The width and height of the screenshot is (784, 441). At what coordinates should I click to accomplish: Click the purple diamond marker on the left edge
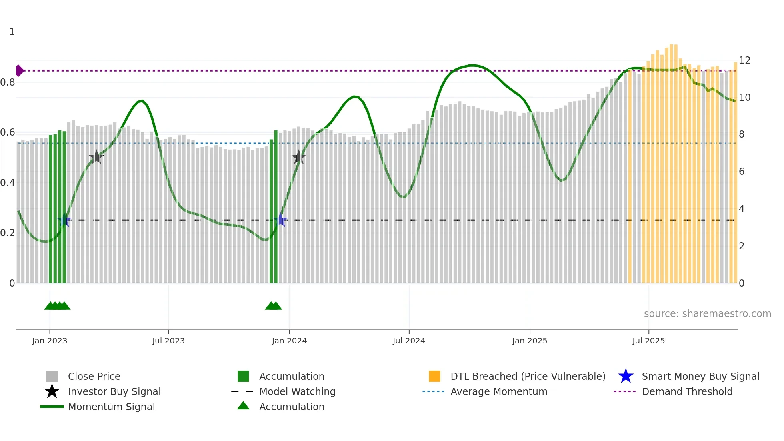point(19,70)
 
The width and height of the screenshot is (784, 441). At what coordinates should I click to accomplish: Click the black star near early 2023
point(96,157)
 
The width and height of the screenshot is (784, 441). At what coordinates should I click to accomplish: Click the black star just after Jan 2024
point(298,157)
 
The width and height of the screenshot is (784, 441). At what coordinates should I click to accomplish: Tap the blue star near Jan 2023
point(64,220)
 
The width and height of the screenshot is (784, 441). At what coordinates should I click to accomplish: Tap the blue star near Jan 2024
point(280,220)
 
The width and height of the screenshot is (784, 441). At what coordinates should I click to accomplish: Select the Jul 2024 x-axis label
point(408,341)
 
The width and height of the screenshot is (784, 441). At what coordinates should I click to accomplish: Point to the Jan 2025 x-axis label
point(529,341)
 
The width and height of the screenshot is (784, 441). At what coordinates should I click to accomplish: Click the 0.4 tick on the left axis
point(8,183)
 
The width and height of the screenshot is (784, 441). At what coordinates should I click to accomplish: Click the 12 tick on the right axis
point(744,60)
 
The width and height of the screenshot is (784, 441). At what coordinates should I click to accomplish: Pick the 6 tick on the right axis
point(742,172)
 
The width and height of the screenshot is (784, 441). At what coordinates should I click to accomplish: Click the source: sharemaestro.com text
point(707,314)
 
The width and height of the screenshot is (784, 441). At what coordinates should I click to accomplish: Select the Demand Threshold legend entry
point(687,391)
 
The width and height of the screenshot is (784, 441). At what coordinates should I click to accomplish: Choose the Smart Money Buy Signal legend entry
point(700,376)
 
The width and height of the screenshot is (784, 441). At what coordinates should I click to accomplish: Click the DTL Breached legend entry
point(528,376)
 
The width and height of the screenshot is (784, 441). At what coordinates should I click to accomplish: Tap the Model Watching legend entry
point(297,391)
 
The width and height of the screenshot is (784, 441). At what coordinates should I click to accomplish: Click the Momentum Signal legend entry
point(111,407)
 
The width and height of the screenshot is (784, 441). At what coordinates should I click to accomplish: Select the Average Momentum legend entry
point(498,391)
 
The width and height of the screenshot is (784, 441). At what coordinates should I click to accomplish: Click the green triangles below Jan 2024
point(273,306)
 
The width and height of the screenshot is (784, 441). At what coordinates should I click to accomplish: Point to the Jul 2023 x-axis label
point(168,341)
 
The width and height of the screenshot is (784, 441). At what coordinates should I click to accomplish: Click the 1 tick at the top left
point(12,32)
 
